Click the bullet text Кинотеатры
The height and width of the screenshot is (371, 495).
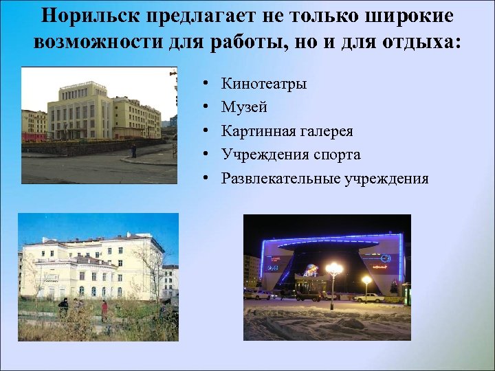[x=264, y=84]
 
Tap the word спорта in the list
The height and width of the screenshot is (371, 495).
[x=333, y=155]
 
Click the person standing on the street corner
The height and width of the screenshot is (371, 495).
[x=133, y=150]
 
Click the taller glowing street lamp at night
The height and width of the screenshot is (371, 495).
[x=334, y=268]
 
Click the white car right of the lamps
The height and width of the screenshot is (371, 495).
[x=370, y=297]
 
